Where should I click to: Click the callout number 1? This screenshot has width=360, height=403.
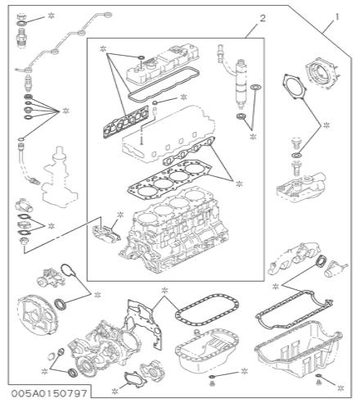(x=337, y=17)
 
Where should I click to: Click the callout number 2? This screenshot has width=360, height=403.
(x=263, y=19)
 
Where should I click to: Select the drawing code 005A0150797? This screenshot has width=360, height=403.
(x=49, y=393)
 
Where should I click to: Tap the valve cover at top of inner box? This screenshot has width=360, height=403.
(x=161, y=63)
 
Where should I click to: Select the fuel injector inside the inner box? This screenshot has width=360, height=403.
(x=240, y=84)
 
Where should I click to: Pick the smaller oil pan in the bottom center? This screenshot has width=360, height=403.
(x=207, y=350)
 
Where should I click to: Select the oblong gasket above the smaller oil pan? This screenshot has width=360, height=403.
(x=207, y=310)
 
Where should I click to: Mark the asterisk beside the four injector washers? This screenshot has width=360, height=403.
(x=66, y=111)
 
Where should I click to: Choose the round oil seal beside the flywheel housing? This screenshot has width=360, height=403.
(x=61, y=304)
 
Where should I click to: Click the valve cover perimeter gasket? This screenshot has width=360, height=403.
(x=164, y=84)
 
